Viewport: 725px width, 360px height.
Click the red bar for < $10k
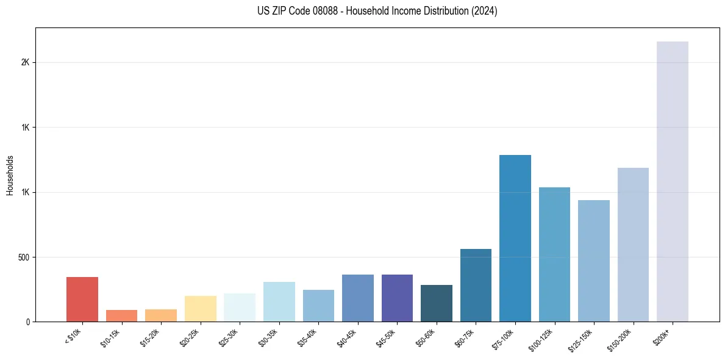82,299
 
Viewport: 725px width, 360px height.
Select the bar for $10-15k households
121,315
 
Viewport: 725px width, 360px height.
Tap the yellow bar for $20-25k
200,309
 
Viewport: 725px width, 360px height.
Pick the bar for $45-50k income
397,298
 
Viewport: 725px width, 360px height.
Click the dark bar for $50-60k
437,303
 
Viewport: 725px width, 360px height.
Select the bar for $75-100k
515,238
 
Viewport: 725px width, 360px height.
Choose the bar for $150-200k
633,244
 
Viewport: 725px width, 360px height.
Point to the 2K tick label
25,62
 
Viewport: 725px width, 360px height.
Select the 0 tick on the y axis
27,322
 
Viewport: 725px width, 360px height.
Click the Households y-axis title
10,175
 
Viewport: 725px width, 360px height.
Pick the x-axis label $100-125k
543,339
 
